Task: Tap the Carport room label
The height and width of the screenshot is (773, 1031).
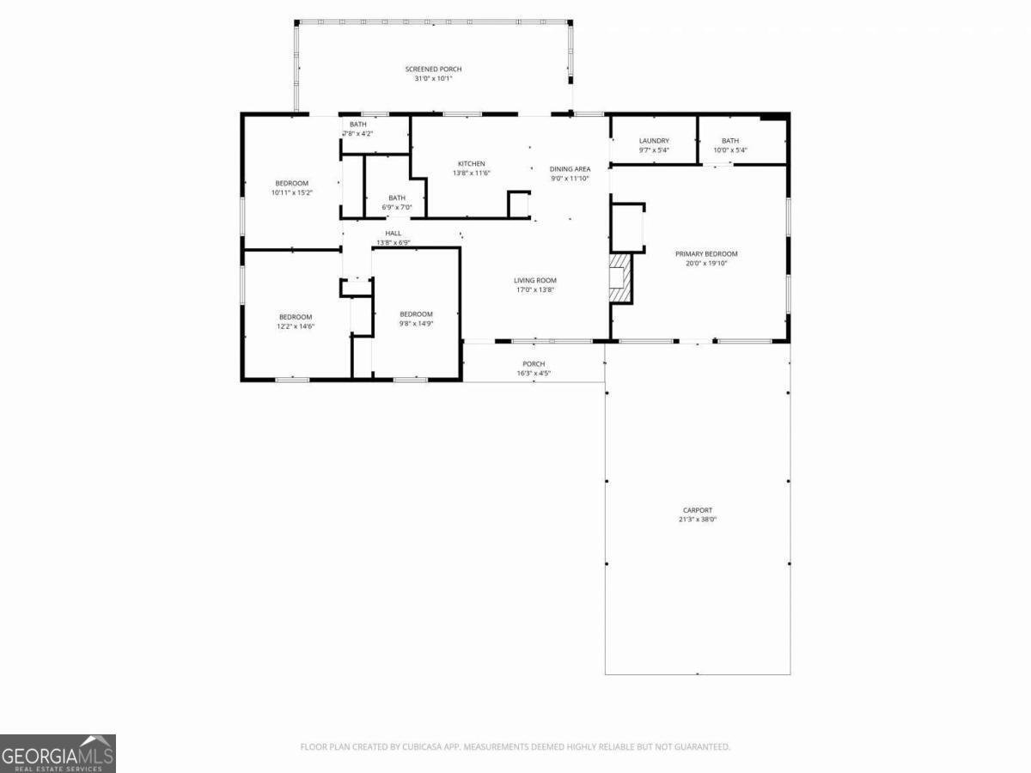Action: point(698,510)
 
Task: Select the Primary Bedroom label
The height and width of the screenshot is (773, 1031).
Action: point(706,254)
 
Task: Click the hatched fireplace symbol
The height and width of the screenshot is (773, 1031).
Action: point(620,277)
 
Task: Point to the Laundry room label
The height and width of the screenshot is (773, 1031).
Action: point(654,141)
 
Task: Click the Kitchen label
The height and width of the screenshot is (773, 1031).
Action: point(471,163)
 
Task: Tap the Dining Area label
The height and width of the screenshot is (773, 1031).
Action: point(570,169)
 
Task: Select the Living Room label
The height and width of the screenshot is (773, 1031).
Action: point(534,280)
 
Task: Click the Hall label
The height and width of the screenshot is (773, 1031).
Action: point(393,233)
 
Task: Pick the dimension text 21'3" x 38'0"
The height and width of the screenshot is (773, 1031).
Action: point(698,520)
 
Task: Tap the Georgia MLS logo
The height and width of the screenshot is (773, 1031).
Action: point(58,753)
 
